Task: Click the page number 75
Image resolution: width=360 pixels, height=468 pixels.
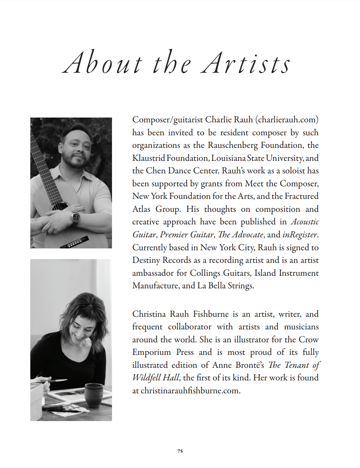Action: pos(180,451)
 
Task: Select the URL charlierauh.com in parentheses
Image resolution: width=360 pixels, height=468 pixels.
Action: pos(287,120)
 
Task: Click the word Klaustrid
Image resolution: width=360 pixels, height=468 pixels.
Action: pos(148,158)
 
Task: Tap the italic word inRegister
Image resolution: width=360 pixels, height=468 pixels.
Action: pos(299,235)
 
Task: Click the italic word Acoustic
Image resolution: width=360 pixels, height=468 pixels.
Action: pos(305,222)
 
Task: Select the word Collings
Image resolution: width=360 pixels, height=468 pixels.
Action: pos(205,273)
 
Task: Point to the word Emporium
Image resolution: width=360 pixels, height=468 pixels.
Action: pos(152,352)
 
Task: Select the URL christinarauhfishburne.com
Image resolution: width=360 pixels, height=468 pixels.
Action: pos(190,391)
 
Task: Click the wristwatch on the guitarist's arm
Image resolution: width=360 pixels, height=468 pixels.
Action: pos(75,217)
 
